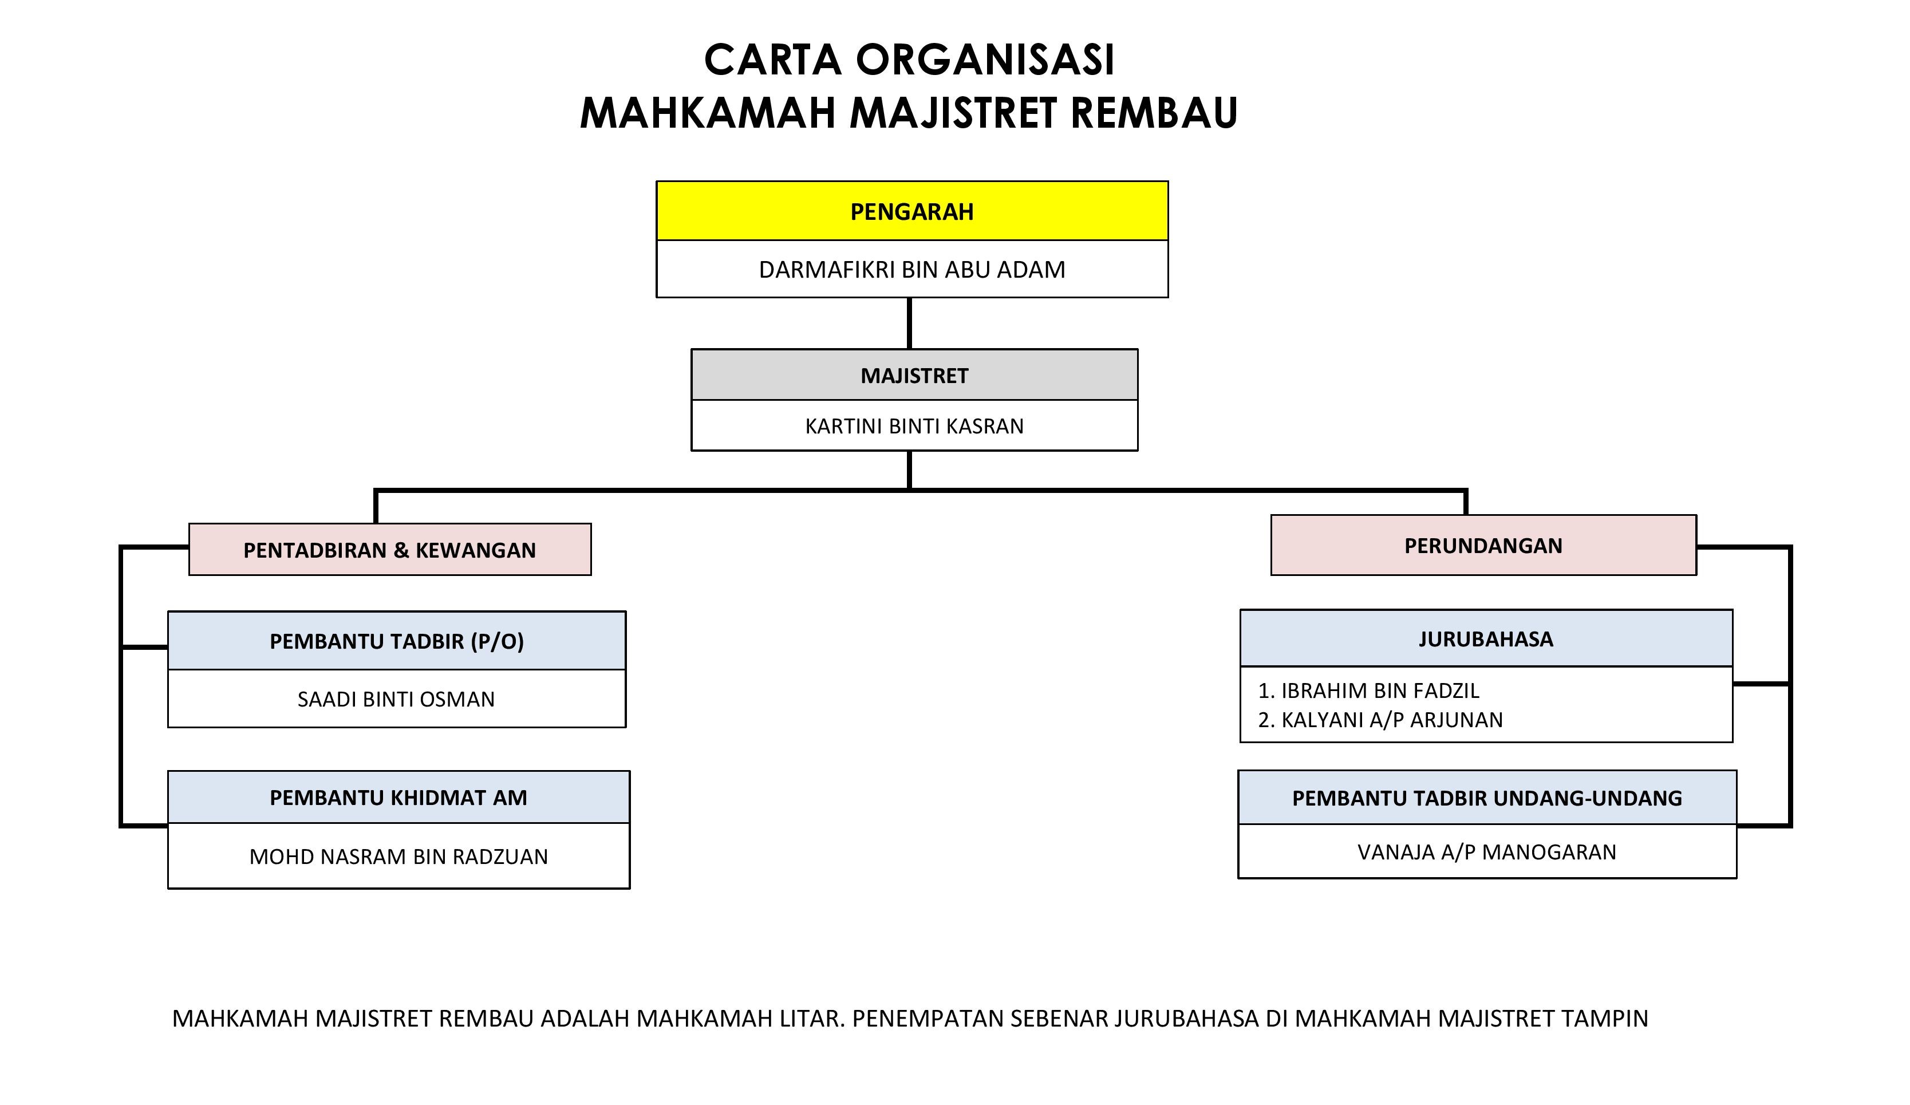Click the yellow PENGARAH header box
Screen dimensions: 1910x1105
[912, 211]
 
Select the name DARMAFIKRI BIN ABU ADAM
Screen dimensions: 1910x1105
[912, 270]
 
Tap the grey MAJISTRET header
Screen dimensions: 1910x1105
[914, 375]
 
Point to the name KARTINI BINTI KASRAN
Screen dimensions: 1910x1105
[914, 426]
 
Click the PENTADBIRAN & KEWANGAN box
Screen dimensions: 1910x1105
[389, 550]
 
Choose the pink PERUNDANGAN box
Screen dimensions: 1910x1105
[1483, 546]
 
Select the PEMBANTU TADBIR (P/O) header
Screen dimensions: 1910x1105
[396, 641]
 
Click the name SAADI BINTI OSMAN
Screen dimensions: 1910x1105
[396, 698]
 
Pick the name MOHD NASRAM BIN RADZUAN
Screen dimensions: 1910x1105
[398, 857]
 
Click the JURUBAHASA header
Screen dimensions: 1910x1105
[1486, 639]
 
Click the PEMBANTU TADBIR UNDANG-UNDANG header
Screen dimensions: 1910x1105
[1487, 798]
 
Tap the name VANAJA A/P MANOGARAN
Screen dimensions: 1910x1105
[1487, 852]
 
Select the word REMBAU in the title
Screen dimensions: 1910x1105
[1154, 112]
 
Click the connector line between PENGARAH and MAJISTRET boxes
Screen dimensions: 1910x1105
[910, 323]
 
